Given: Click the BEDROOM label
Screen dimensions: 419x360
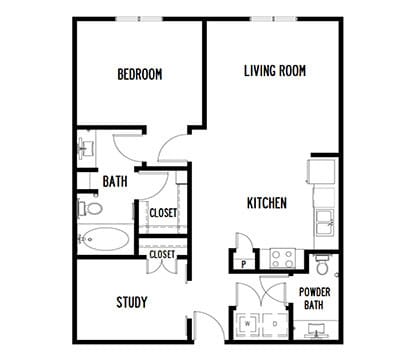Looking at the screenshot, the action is [x=140, y=74].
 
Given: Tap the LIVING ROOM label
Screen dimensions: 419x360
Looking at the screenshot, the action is [x=275, y=71].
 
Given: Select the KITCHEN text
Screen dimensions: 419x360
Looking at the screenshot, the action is [x=267, y=203].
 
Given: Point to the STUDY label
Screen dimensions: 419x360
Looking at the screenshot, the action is [x=132, y=302].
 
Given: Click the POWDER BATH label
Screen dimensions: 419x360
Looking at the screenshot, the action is [x=315, y=298].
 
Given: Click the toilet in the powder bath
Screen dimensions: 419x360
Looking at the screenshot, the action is [x=322, y=264].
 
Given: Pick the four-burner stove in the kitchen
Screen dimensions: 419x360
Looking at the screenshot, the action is [x=282, y=259].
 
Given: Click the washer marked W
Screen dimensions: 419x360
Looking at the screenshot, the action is [x=247, y=324].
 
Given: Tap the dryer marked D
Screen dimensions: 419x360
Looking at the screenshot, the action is [x=275, y=324].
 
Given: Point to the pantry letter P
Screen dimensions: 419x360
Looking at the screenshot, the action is [x=244, y=264].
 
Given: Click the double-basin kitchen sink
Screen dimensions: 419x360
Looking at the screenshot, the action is [x=325, y=223].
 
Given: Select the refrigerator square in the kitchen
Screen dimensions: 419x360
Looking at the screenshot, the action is [x=321, y=171].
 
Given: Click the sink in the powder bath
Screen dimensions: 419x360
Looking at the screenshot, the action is [x=315, y=329].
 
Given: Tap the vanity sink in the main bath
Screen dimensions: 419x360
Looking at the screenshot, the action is [x=87, y=149].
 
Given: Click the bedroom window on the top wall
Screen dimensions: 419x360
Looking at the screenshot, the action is [x=139, y=19].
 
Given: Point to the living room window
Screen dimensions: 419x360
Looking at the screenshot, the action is [x=274, y=19].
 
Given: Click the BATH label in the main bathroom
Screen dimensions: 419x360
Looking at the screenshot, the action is [x=115, y=182].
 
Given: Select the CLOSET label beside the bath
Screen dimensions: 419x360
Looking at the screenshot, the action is [x=163, y=213].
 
